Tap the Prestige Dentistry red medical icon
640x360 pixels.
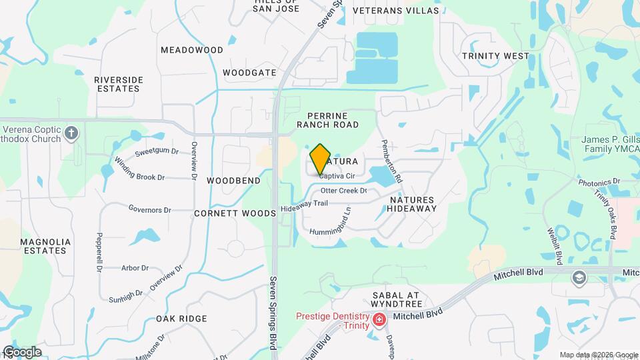[x=379, y=321]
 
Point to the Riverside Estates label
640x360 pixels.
[x=119, y=84]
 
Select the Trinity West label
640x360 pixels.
[x=496, y=57]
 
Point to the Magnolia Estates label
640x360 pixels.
[x=44, y=246]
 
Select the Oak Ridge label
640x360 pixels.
[x=181, y=319]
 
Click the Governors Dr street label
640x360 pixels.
[x=150, y=209]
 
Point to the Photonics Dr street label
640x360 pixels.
[x=599, y=181]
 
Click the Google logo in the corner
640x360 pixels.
[x=22, y=351]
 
